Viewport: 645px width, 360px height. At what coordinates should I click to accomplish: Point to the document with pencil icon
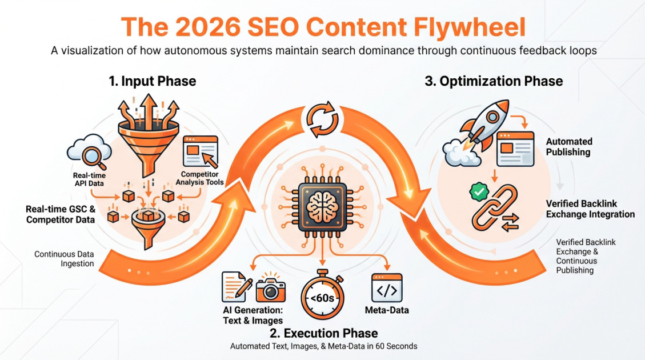click(238, 286)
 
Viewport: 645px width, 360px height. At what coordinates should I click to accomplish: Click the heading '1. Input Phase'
click(153, 81)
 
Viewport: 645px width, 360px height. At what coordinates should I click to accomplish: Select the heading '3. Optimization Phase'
click(494, 81)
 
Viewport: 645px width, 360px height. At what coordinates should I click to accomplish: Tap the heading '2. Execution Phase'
click(323, 333)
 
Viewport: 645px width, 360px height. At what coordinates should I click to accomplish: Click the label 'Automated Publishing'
click(569, 147)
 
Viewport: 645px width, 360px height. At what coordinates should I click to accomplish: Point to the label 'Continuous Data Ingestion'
click(64, 258)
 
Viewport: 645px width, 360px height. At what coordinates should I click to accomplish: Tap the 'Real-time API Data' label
click(89, 179)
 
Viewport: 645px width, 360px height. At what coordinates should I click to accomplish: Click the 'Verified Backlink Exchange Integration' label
click(590, 209)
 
